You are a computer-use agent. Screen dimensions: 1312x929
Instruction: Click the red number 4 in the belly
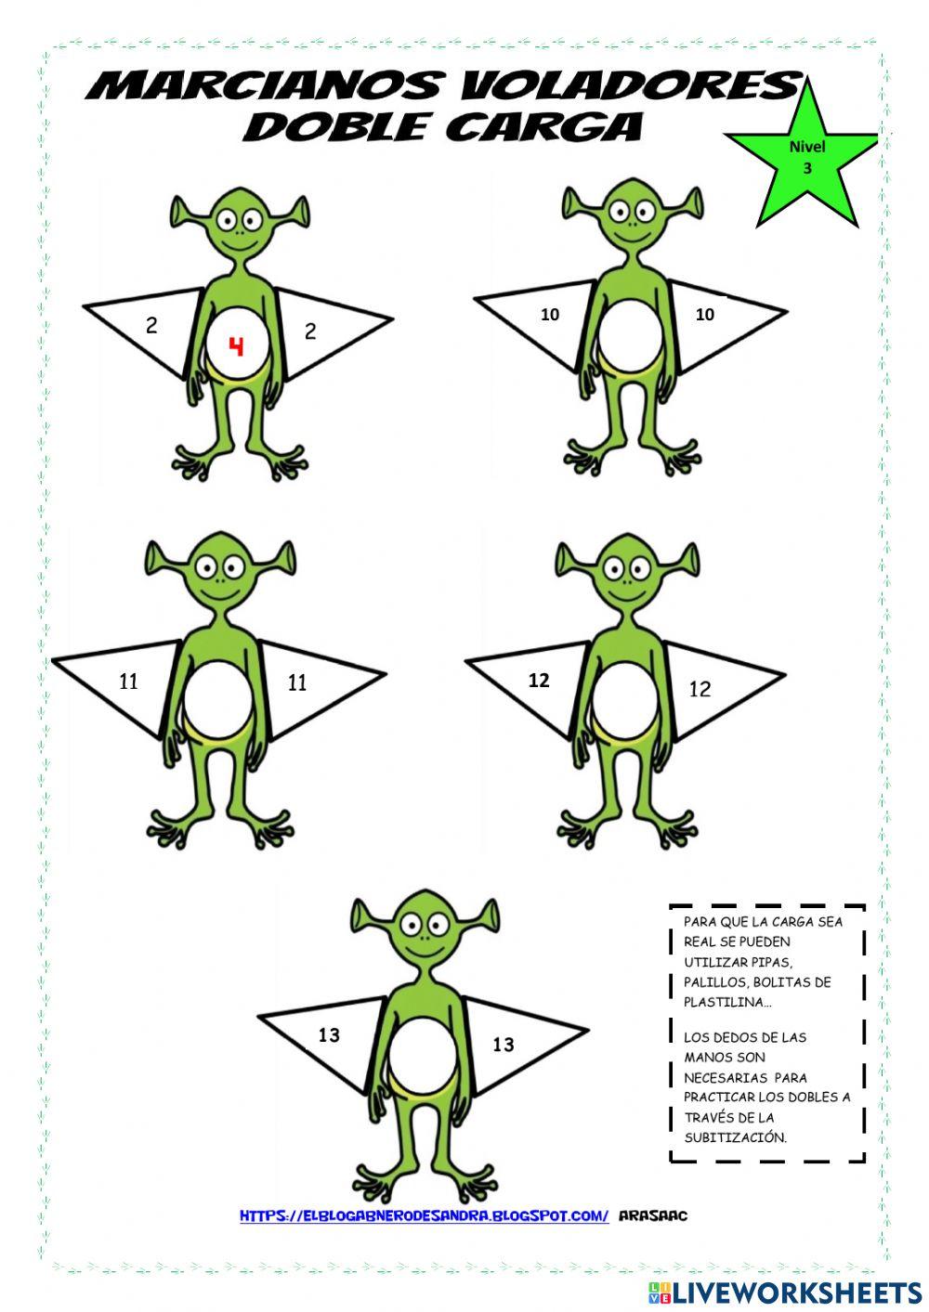point(237,346)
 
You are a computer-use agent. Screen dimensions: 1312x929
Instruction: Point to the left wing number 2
point(151,325)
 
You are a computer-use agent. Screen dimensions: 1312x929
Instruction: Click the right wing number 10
point(705,315)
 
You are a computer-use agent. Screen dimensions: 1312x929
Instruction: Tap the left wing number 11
point(129,682)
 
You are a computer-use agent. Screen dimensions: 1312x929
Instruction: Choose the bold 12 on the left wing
point(539,681)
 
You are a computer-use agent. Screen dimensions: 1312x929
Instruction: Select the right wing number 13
point(503,1045)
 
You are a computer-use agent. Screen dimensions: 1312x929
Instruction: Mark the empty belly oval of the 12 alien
point(624,695)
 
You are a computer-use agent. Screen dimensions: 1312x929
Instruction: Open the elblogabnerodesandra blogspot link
point(424,1215)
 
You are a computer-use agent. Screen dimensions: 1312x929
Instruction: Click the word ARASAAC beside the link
point(652,1215)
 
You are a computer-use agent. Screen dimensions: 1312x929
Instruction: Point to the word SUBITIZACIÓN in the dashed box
point(735,1137)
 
